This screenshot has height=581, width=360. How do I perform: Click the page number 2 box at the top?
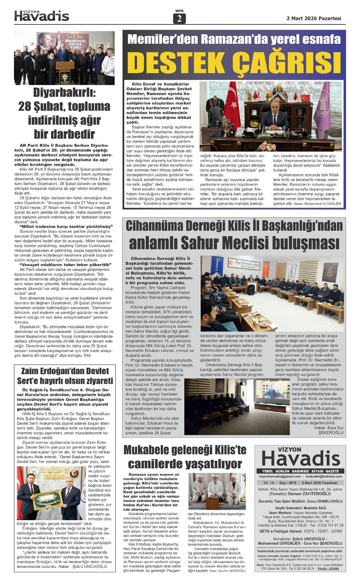pos(179,19)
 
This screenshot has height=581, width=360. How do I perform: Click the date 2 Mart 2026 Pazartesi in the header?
pos(314,18)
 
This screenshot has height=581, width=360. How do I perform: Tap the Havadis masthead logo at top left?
pos(42,16)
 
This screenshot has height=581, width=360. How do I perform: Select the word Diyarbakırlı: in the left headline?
pos(64,93)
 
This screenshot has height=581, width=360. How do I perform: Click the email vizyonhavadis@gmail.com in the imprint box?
pos(279,476)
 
